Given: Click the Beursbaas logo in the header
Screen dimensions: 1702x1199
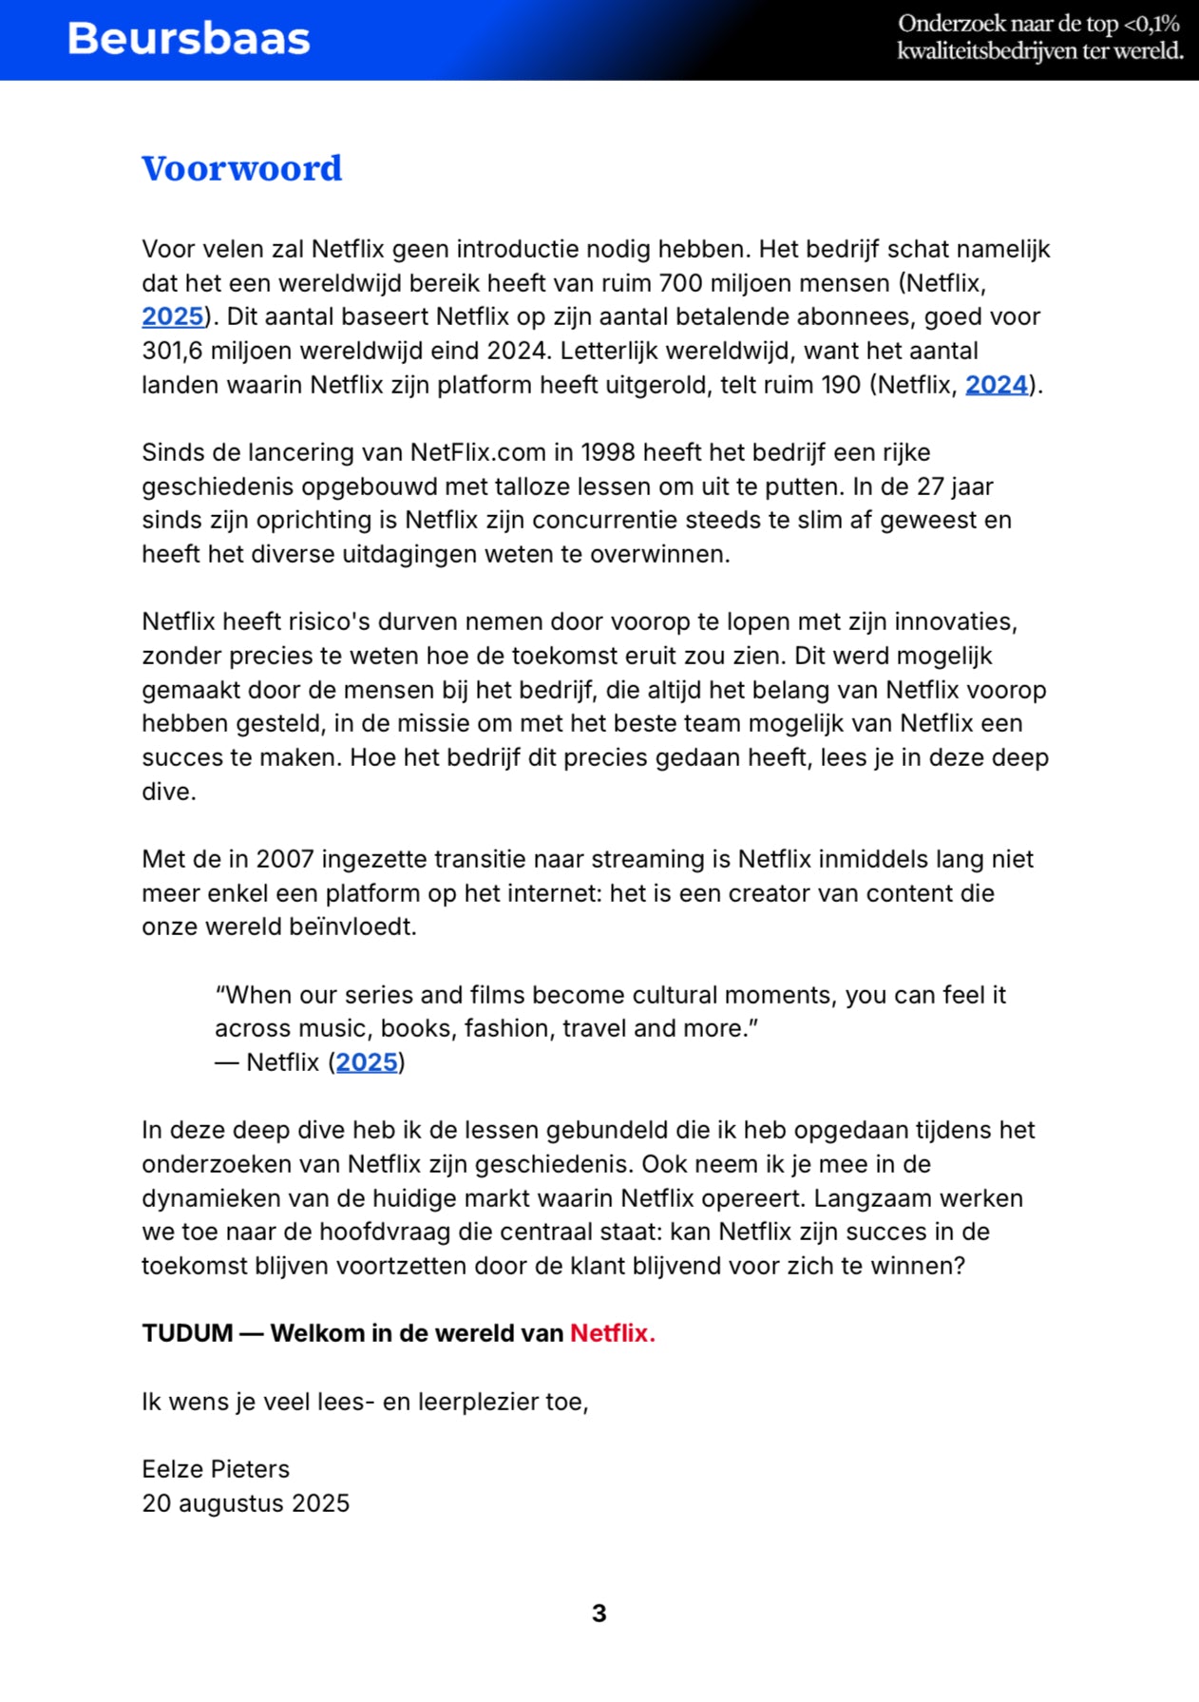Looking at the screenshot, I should point(188,39).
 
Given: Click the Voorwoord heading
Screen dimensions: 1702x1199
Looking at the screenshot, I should point(241,168).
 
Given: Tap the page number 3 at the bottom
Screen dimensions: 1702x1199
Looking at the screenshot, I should point(599,1613).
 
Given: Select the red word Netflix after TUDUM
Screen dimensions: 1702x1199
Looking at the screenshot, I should point(612,1333).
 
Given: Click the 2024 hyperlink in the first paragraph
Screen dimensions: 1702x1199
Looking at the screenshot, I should point(997,385).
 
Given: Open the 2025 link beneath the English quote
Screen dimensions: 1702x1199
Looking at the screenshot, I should point(367,1062).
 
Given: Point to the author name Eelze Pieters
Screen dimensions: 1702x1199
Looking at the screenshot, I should point(216,1469).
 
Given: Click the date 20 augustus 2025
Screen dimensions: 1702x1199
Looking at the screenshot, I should point(245,1503).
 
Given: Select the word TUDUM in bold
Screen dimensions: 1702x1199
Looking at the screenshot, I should point(187,1333).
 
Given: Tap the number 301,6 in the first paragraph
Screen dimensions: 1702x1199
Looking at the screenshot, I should point(172,351).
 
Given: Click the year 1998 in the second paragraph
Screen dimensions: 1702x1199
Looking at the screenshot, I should point(608,452).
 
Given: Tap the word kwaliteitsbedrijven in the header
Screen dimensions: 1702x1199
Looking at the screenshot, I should point(987,51).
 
